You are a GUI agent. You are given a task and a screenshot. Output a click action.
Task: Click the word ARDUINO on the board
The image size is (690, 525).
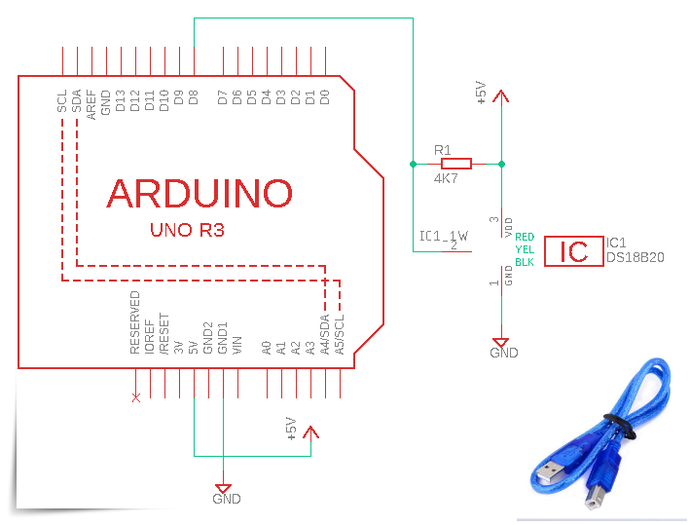coord(200,193)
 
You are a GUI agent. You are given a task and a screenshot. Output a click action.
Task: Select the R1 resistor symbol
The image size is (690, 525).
coord(455,164)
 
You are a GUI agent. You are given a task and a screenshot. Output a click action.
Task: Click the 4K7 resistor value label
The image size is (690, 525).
coord(447,179)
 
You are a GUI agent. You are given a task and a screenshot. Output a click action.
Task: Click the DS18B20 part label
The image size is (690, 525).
coord(635,257)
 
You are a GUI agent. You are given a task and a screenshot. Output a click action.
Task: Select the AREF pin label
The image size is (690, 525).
coord(91,102)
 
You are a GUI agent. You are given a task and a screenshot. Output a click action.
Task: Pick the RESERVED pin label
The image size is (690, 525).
coord(135,321)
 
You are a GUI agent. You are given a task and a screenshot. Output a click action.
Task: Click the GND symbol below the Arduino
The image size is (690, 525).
coord(223,490)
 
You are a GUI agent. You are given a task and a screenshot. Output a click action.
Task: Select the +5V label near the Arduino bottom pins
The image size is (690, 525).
coord(290,430)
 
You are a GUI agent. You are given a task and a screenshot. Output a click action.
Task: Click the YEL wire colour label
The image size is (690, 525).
coord(525,249)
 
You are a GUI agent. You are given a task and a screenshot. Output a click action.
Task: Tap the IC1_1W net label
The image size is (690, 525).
coord(443,236)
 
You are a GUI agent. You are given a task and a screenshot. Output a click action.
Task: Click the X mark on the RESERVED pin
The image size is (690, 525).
coord(135,397)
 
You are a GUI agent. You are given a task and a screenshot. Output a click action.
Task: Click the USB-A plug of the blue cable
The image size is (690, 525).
coord(551,471)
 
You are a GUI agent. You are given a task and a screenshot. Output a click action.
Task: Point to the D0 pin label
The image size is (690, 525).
coord(325,97)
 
